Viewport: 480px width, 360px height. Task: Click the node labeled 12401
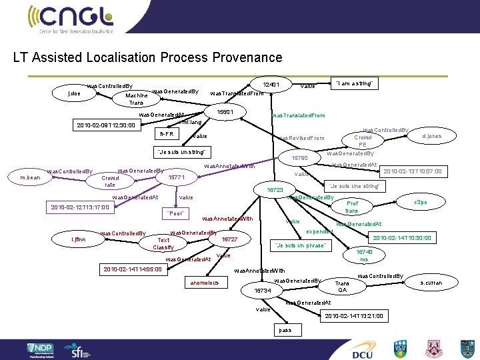pyautogui.click(x=271, y=85)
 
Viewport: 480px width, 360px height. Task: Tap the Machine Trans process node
pyautogui.click(x=136, y=98)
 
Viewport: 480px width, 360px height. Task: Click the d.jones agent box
pyautogui.click(x=433, y=136)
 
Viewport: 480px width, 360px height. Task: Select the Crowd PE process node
pyautogui.click(x=362, y=140)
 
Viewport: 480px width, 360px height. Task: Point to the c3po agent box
pyautogui.click(x=420, y=201)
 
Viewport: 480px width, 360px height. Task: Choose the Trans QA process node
pyautogui.click(x=342, y=286)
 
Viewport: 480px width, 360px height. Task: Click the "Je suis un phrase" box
pyautogui.click(x=299, y=245)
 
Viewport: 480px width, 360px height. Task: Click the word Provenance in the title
pyautogui.click(x=243, y=57)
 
